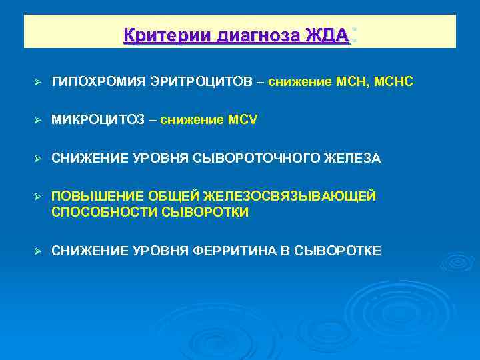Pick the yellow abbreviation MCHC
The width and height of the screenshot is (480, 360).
tap(396, 81)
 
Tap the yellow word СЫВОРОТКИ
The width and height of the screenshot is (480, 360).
tap(205, 213)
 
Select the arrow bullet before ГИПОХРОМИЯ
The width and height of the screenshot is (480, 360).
tap(38, 82)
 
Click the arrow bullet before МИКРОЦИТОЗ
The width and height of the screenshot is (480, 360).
tap(38, 120)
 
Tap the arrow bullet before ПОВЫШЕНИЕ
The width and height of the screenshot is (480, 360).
tap(38, 197)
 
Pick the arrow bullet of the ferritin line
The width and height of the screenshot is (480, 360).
tap(38, 251)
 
